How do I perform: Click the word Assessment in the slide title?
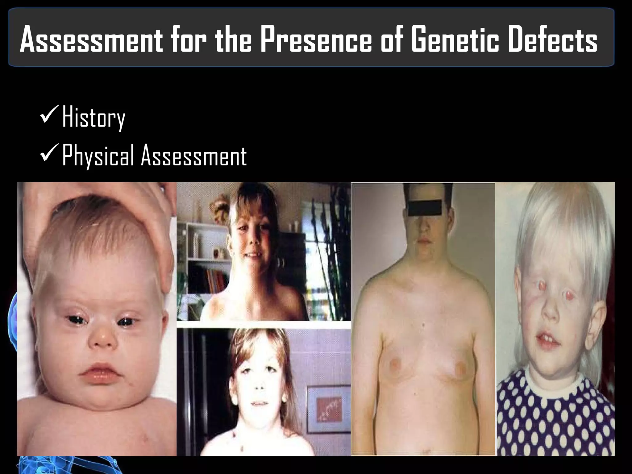click(91, 39)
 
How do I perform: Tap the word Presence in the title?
click(317, 39)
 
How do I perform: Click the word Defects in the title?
click(553, 39)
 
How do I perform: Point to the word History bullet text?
click(94, 118)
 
